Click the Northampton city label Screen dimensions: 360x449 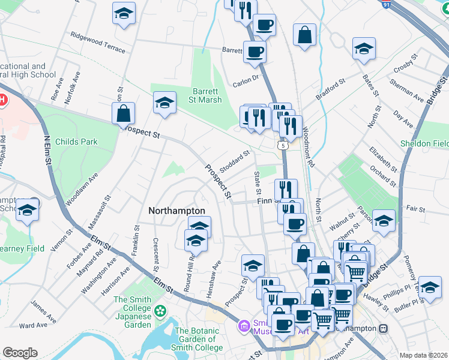coord(177,211)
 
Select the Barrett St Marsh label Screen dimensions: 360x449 coord(205,95)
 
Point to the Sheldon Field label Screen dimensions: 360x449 coord(424,144)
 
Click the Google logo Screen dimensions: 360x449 coord(20,353)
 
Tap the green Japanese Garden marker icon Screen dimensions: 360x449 coord(160,311)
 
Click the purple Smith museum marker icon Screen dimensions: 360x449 coord(244,326)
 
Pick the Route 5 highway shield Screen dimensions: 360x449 coord(282,145)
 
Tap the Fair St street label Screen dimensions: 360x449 coord(415,209)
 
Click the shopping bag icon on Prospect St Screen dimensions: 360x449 coord(123,113)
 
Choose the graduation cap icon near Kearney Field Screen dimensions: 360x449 coord(27,210)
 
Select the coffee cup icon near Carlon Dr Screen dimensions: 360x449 coord(255,52)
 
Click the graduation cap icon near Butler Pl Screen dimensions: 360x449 coord(430,288)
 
